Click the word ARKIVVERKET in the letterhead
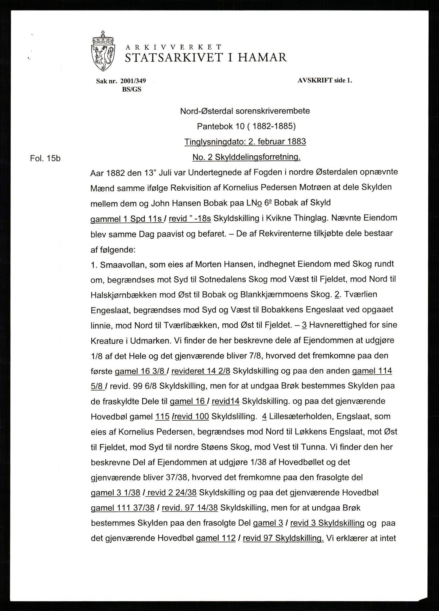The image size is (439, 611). pos(173,47)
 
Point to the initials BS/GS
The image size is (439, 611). pos(132,90)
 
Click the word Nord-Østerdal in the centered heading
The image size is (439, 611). pos(207,111)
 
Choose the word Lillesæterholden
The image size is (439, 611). pos(301,417)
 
